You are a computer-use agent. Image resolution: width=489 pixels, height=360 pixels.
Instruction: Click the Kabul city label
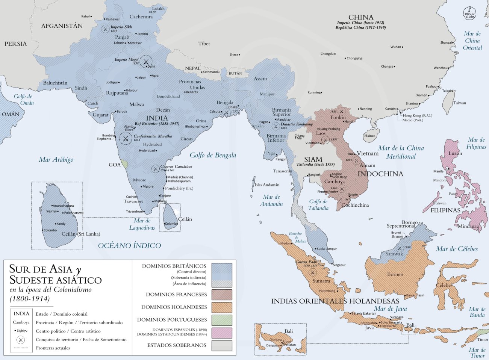point(86,17)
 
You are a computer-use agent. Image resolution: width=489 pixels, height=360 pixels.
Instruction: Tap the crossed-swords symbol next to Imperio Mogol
point(146,62)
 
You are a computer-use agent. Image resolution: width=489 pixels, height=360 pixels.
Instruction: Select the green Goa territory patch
point(125,164)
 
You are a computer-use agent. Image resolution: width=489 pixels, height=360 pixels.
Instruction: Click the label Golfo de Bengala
point(213,155)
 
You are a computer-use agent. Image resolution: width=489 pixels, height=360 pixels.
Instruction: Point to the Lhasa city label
point(234,54)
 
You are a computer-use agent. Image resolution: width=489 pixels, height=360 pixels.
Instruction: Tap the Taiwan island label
point(459,103)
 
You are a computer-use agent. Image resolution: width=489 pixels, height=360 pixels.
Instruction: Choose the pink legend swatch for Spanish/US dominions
point(221,333)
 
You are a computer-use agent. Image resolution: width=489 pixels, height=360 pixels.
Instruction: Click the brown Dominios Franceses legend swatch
point(221,294)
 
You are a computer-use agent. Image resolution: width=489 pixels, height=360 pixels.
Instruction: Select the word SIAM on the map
point(313,159)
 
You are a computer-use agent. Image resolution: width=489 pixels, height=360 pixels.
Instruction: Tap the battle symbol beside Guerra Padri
point(313,272)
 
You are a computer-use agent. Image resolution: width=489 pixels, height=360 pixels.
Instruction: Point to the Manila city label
point(438,171)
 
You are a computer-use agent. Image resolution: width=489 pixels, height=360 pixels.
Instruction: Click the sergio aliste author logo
point(469,13)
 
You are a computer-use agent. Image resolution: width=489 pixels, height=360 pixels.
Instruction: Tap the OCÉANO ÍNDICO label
point(129,246)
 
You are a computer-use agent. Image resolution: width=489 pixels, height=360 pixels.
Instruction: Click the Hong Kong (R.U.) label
point(417,116)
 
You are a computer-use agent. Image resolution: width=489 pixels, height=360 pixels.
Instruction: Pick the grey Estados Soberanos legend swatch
point(221,345)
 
